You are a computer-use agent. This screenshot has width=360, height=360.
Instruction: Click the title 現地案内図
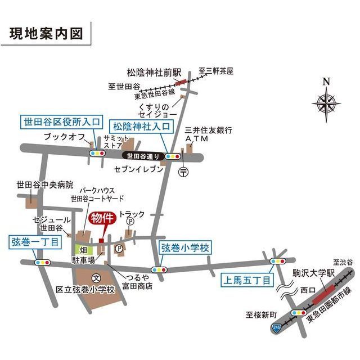(x=46, y=33)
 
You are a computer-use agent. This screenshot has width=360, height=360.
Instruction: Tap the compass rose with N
(x=326, y=103)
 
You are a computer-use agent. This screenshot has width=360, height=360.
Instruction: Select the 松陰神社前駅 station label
(x=154, y=73)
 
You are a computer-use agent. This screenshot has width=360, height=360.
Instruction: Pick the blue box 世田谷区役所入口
(x=61, y=122)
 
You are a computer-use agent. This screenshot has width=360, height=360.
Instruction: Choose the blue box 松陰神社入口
(x=141, y=126)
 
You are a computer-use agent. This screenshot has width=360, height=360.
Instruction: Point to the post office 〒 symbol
(x=183, y=172)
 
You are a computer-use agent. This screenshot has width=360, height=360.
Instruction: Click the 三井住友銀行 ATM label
(x=209, y=134)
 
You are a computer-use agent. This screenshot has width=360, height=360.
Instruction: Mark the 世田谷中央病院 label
(x=45, y=184)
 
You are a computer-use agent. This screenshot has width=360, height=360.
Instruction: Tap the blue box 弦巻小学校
(x=184, y=247)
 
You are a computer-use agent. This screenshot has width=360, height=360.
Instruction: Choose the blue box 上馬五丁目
(x=246, y=280)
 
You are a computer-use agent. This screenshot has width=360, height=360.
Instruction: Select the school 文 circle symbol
(x=96, y=277)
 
